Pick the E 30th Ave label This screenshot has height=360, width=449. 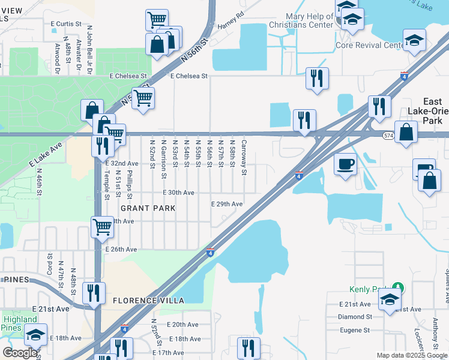click(x=179, y=193)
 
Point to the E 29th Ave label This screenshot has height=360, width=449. click(x=227, y=204)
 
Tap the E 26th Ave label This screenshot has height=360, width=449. click(x=121, y=249)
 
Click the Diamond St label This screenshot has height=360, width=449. click(x=356, y=316)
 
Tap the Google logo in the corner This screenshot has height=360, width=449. click(x=20, y=353)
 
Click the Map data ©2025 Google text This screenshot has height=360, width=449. click(x=411, y=355)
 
